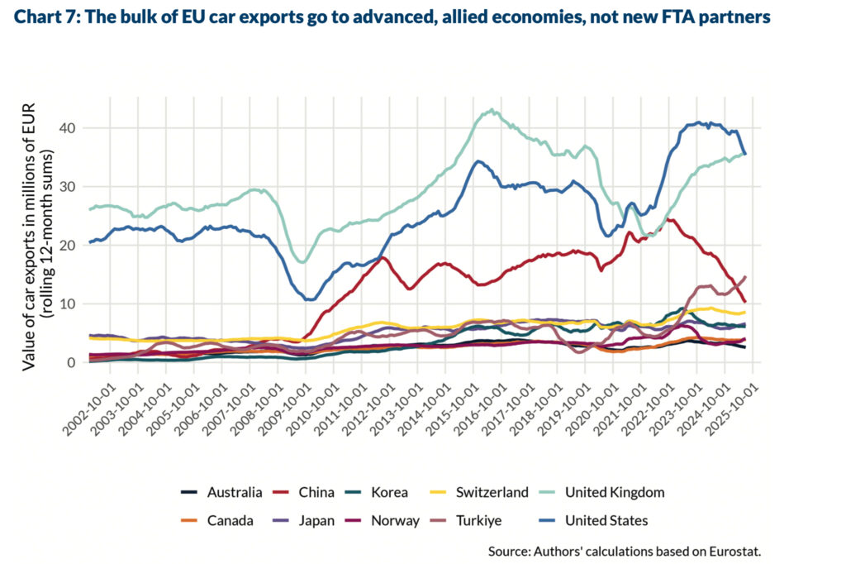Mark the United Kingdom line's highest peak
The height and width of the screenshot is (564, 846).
492,109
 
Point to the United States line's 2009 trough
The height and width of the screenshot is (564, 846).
310,299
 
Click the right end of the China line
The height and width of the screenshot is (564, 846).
745,302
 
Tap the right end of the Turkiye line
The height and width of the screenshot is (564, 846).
745,277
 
